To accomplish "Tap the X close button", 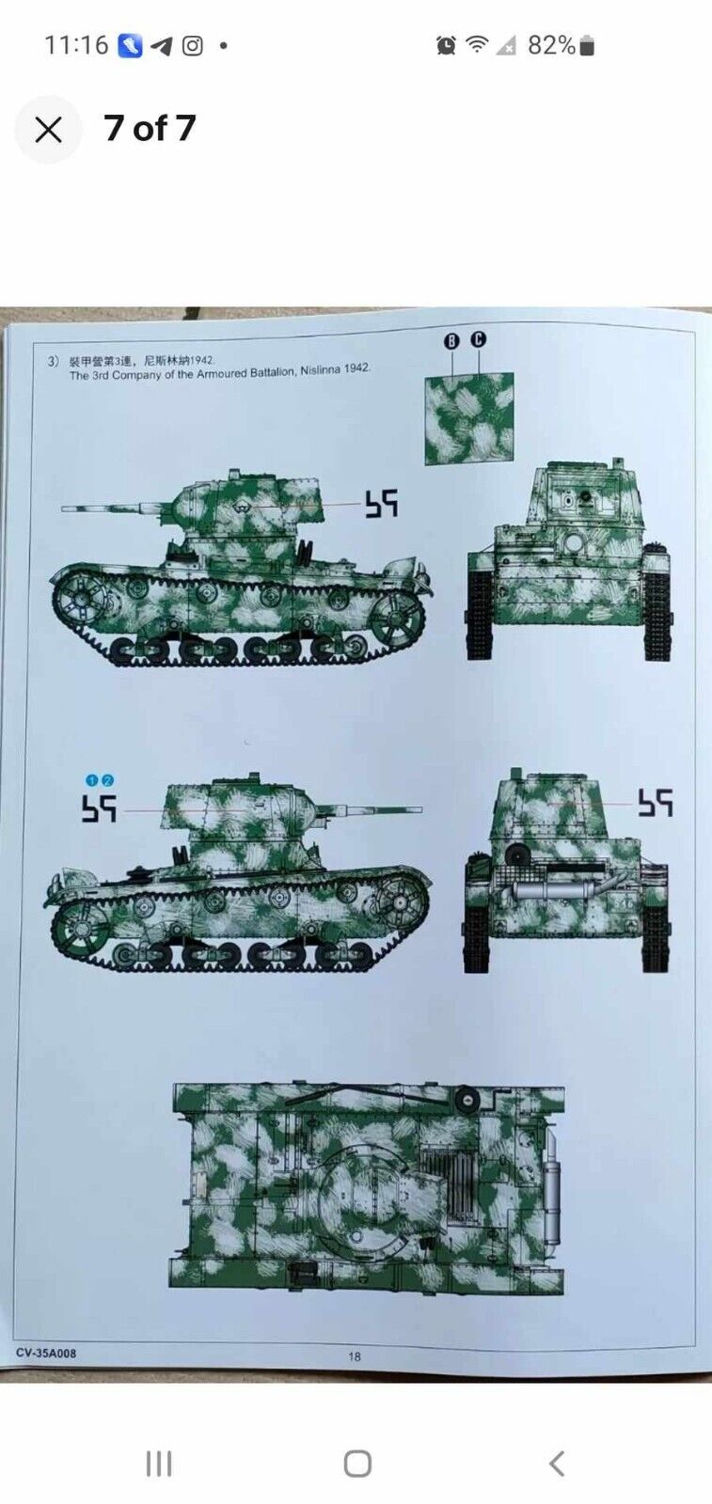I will [x=48, y=130].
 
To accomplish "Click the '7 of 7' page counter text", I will [x=150, y=129].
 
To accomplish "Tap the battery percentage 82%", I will [x=551, y=45].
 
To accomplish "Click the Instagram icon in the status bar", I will [x=193, y=45].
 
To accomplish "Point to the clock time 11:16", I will [x=76, y=45].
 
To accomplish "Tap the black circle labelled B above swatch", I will [x=451, y=341].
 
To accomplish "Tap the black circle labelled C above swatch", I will [x=478, y=339].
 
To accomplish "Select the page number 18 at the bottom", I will [x=355, y=1356].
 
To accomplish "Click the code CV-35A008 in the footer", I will [x=46, y=1354].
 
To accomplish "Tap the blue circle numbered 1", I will [x=92, y=780].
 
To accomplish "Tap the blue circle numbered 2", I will [x=107, y=780].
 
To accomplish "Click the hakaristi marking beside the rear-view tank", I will [x=656, y=803].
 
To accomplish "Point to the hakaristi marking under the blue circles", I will [x=99, y=808].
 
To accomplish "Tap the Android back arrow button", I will [x=557, y=1464].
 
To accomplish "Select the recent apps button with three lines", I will [x=159, y=1464].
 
